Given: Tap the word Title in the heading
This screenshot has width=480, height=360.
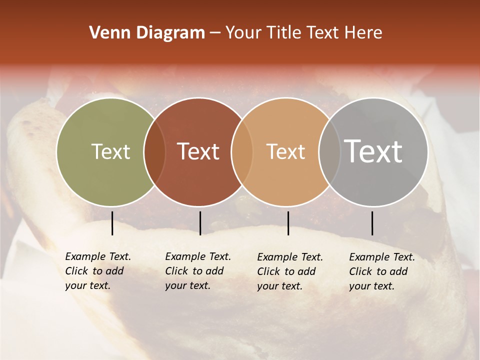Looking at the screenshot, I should click(284, 33).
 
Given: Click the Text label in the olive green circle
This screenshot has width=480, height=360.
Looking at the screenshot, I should click(110, 151).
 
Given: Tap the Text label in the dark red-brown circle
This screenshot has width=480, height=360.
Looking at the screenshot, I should click(198, 151).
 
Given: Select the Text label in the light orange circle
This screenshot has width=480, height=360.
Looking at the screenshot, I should click(285, 151).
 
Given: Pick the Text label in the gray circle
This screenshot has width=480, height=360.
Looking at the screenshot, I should click(373, 151).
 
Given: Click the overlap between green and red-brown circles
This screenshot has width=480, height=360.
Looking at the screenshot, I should click(154, 151).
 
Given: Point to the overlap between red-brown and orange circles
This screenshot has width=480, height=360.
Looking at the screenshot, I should click(242, 151).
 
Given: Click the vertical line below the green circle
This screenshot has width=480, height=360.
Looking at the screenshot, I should click(112, 223).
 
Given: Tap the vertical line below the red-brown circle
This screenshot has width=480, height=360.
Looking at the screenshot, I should click(200, 223).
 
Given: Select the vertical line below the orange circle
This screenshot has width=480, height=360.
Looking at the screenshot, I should click(288, 223).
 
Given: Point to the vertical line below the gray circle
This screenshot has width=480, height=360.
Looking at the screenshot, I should click(372, 223).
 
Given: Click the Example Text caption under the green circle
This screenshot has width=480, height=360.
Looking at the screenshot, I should click(98, 271).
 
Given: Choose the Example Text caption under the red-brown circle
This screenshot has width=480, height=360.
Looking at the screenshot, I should click(198, 271).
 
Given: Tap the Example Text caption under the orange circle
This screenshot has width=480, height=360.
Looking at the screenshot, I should click(290, 271).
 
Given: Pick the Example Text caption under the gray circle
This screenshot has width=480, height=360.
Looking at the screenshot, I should click(382, 271).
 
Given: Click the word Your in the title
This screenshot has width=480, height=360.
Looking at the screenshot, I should click(243, 33).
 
